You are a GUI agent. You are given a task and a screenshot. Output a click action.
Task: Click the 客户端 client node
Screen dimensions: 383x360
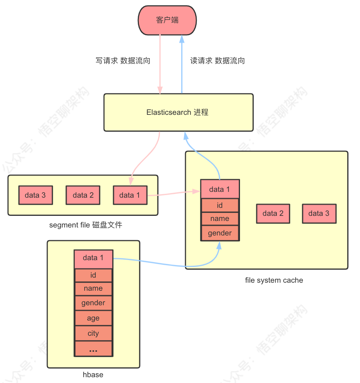pos(167,20)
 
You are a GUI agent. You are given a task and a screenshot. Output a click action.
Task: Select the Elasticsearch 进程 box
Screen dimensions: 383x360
pos(178,112)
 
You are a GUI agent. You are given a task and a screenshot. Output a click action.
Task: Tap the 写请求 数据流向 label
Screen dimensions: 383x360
pos(123,61)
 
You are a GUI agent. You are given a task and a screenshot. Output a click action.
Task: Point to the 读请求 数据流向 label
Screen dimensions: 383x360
pos(217,61)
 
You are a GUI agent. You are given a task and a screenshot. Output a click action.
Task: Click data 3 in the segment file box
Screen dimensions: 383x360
pos(35,195)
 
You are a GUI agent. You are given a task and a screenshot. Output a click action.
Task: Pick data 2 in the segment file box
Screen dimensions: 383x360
pos(83,195)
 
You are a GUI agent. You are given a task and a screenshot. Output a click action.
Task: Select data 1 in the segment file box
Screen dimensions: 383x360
pos(130,195)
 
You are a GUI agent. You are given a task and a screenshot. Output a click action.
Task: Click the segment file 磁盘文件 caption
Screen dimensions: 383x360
pos(86,225)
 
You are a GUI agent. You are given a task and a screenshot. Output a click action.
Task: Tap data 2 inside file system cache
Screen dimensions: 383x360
pos(273,213)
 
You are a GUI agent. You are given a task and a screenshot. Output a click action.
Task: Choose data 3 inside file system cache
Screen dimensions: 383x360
pos(319,213)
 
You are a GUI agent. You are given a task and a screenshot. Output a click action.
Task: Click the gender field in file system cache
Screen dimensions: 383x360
pos(220,233)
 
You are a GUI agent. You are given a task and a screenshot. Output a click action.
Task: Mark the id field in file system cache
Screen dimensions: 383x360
pos(220,206)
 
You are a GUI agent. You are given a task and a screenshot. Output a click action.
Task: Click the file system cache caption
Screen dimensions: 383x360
pos(274,280)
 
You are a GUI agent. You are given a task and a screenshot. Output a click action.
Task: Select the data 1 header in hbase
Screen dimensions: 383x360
pos(93,258)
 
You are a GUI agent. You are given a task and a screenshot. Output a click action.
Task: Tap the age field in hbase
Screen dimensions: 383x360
pos(93,318)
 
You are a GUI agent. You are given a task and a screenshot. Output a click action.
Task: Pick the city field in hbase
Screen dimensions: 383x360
pos(93,334)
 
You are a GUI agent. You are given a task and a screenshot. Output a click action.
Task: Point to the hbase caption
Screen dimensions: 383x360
pos(93,375)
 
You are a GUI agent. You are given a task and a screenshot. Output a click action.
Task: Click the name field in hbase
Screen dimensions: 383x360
pos(93,289)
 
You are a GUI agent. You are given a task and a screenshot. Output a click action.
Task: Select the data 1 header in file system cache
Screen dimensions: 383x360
pos(220,189)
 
